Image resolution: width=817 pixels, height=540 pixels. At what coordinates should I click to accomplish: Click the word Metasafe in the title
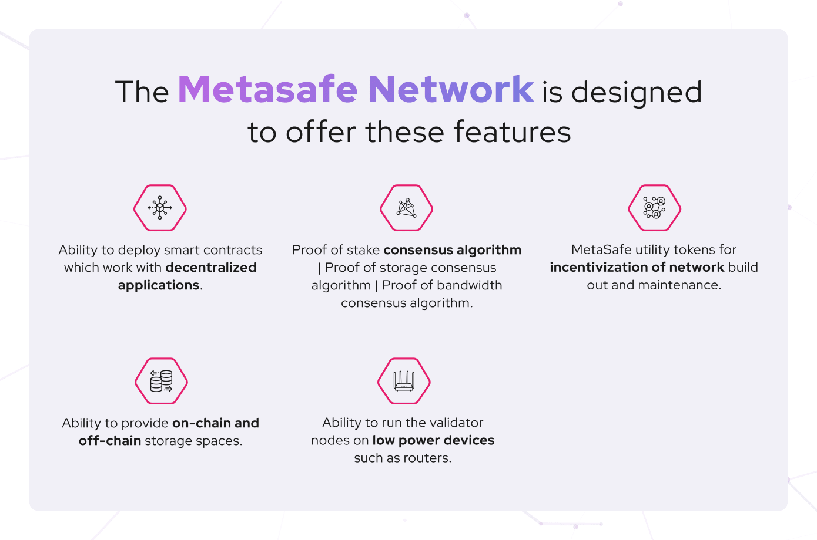267,89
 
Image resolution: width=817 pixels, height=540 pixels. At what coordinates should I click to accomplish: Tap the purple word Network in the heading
451,89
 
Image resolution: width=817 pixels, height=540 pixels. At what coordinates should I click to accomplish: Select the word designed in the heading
637,93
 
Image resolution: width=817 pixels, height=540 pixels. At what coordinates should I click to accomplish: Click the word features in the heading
513,132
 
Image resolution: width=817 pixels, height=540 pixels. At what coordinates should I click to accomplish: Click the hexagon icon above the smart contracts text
160,208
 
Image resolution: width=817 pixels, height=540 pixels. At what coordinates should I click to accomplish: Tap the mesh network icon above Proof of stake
406,208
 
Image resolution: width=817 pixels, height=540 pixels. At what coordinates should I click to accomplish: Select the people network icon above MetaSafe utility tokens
654,208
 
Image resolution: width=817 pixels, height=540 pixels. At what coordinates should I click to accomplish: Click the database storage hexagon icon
161,381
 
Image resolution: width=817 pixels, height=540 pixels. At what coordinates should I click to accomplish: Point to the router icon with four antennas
404,381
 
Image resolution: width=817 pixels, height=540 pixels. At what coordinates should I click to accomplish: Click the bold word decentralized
211,268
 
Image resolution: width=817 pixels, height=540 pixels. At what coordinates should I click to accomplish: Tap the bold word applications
159,285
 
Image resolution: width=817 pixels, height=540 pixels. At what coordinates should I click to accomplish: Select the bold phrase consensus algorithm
453,250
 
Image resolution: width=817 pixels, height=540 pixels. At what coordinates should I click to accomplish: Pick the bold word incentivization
598,267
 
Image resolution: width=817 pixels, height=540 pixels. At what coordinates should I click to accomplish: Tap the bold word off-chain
110,441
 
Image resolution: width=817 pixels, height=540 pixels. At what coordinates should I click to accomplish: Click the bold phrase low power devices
433,441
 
